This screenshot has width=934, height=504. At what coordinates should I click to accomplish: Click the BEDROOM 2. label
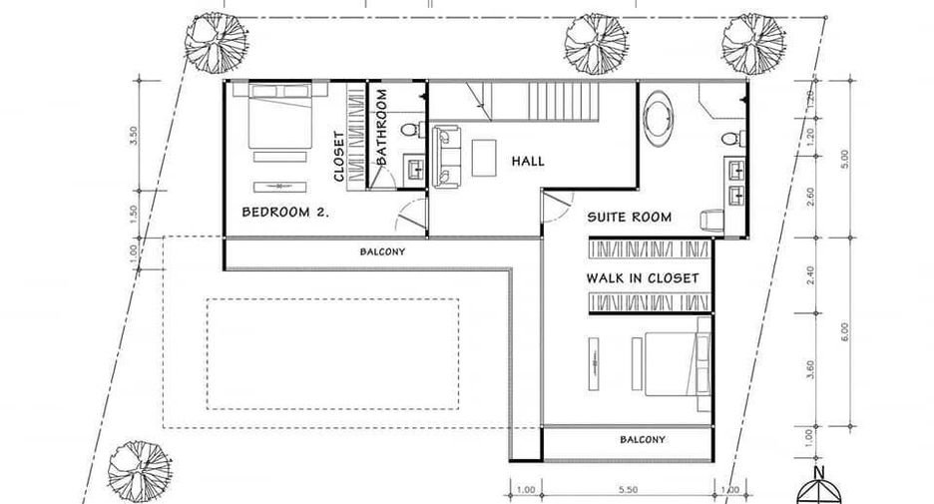[285, 212]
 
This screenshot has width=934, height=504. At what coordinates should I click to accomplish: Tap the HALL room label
[528, 161]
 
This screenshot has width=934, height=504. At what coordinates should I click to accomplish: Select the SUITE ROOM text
[629, 217]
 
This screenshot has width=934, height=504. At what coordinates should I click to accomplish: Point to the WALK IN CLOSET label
[643, 277]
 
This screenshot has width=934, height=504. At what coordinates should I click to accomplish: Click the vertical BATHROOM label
[381, 127]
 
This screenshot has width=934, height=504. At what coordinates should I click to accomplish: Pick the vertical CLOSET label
[338, 156]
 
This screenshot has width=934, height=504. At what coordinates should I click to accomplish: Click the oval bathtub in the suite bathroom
[659, 119]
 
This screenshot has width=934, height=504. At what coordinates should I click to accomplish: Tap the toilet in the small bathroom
[412, 130]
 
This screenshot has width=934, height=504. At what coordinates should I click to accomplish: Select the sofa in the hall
[446, 156]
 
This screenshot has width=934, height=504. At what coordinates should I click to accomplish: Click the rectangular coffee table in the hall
[484, 158]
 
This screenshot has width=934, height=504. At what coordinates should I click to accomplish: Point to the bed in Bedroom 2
[279, 116]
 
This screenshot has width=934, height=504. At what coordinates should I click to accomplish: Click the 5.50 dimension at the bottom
[628, 490]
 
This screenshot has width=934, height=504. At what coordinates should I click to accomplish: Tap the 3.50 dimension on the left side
[134, 136]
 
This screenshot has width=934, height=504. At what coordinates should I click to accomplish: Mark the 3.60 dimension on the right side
[810, 369]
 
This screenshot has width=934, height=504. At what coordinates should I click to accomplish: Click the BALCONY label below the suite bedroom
[643, 440]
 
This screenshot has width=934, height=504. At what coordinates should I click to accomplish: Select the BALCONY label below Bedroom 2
[382, 252]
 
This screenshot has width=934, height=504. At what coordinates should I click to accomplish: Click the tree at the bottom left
[140, 472]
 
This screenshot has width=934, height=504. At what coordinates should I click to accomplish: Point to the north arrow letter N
[819, 474]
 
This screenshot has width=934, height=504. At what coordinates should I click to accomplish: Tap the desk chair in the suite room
[711, 221]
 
